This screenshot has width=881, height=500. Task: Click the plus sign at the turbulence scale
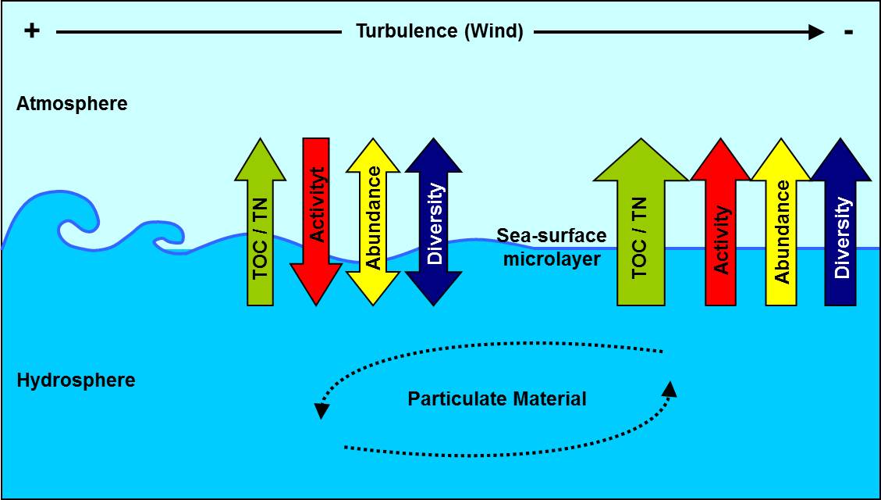[31, 31]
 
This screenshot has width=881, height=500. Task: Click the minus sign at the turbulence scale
[849, 31]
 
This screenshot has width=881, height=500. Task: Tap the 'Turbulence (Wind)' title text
[439, 31]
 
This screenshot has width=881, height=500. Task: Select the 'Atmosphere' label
[72, 103]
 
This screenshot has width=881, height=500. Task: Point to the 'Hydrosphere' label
[76, 380]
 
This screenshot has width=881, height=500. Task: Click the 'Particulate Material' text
[496, 398]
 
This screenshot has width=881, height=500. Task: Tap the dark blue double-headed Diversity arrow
[435, 223]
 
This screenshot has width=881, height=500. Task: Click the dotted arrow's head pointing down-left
[320, 410]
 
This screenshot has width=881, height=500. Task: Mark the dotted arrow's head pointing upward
[670, 387]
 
